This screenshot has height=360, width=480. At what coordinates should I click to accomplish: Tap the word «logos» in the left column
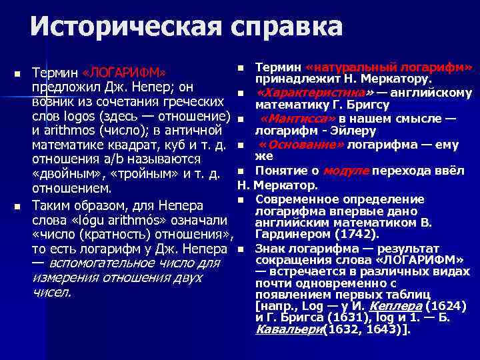[x=76, y=115]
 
